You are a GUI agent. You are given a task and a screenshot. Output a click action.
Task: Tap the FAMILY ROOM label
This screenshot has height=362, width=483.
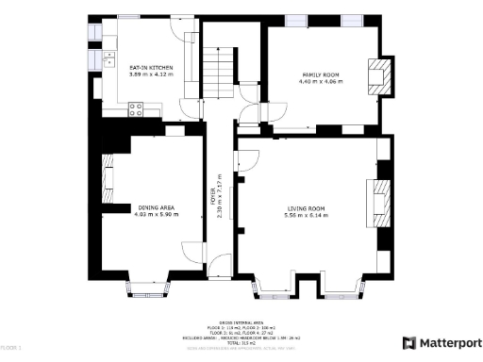pyautogui.click(x=321, y=74)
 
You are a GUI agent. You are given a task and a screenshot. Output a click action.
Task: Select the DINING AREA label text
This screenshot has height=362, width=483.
pyautogui.click(x=156, y=208)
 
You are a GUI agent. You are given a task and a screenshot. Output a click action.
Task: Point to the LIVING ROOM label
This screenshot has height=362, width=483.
pyautogui.click(x=307, y=208)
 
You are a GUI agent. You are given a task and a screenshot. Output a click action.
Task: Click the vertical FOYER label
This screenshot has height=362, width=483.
pyautogui.click(x=212, y=199)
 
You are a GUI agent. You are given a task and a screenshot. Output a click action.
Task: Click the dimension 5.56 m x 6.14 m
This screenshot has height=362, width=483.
pyautogui.click(x=307, y=216)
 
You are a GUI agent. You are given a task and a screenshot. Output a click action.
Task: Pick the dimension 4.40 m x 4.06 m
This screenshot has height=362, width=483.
pyautogui.click(x=321, y=82)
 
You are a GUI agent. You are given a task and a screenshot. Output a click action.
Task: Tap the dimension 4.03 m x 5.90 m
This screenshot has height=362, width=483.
pyautogui.click(x=156, y=216)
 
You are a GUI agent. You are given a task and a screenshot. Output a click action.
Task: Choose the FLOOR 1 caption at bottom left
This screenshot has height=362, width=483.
pyautogui.click(x=11, y=348)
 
